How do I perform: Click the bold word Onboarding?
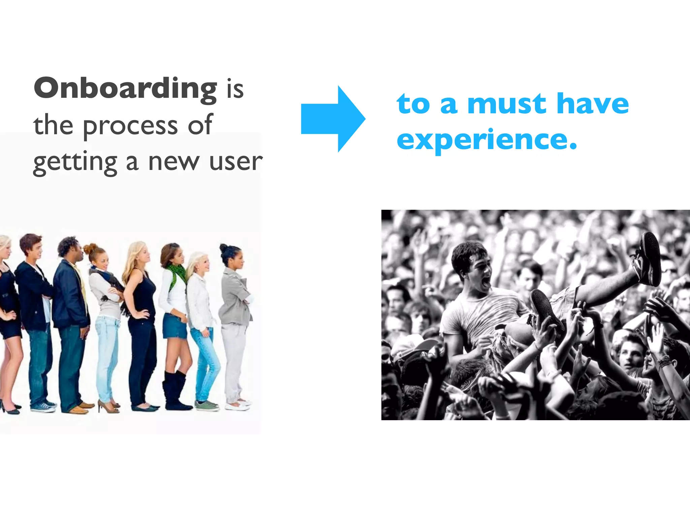[x=126, y=89]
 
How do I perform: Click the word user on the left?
[x=236, y=162]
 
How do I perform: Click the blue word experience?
[x=487, y=140]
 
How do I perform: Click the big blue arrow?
[x=333, y=119]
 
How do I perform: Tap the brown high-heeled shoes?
[x=108, y=406]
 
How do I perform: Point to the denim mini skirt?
[x=175, y=326]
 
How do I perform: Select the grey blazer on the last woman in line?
[x=236, y=297]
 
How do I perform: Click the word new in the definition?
[x=174, y=162]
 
